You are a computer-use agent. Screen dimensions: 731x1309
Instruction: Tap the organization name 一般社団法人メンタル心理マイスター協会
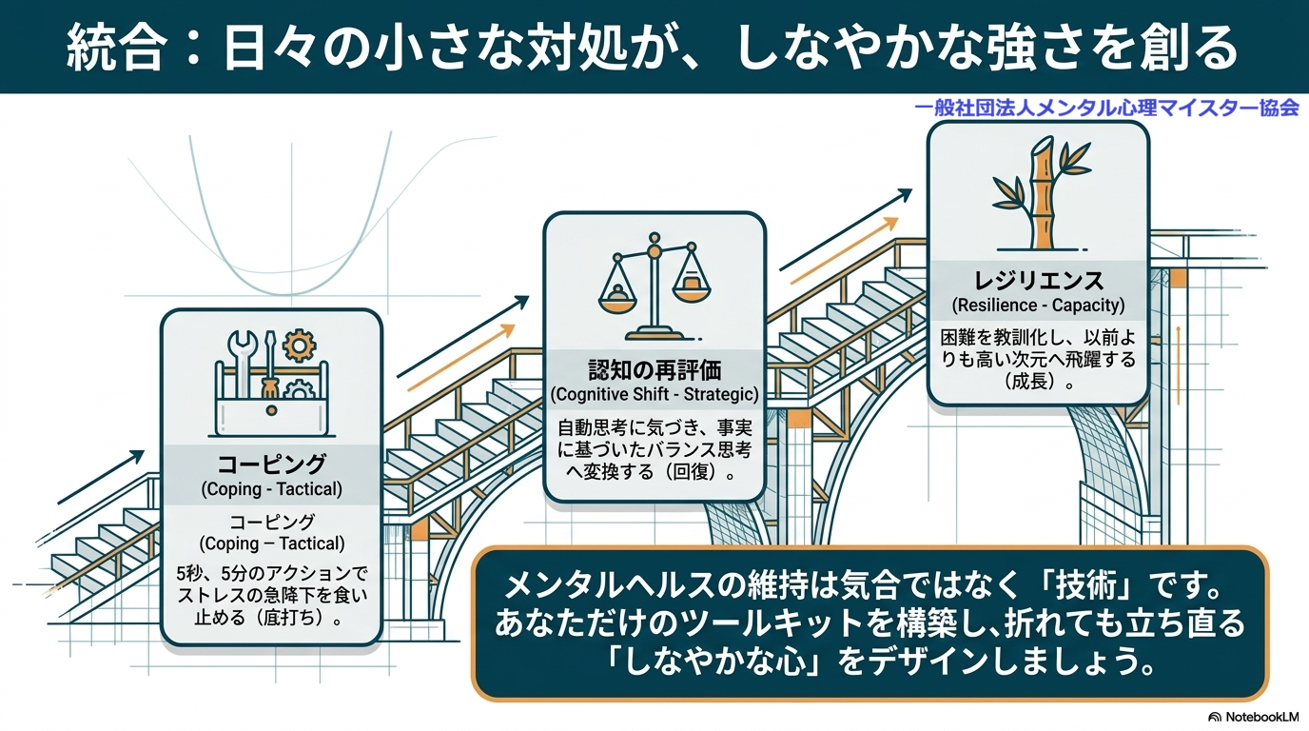(x=1106, y=109)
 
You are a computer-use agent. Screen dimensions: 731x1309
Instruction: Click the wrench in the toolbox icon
(x=239, y=363)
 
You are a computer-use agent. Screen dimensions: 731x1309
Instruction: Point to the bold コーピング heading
(x=271, y=464)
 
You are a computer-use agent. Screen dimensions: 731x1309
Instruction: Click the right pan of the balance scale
(x=690, y=282)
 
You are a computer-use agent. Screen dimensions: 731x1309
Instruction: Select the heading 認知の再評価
(x=654, y=370)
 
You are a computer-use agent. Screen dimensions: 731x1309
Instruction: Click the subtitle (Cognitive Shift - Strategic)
(x=654, y=394)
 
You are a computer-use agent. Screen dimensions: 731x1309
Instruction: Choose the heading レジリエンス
(x=1039, y=282)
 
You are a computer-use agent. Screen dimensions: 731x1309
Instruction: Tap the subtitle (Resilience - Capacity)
(x=1039, y=306)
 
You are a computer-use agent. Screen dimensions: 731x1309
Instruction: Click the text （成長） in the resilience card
(x=1039, y=383)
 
